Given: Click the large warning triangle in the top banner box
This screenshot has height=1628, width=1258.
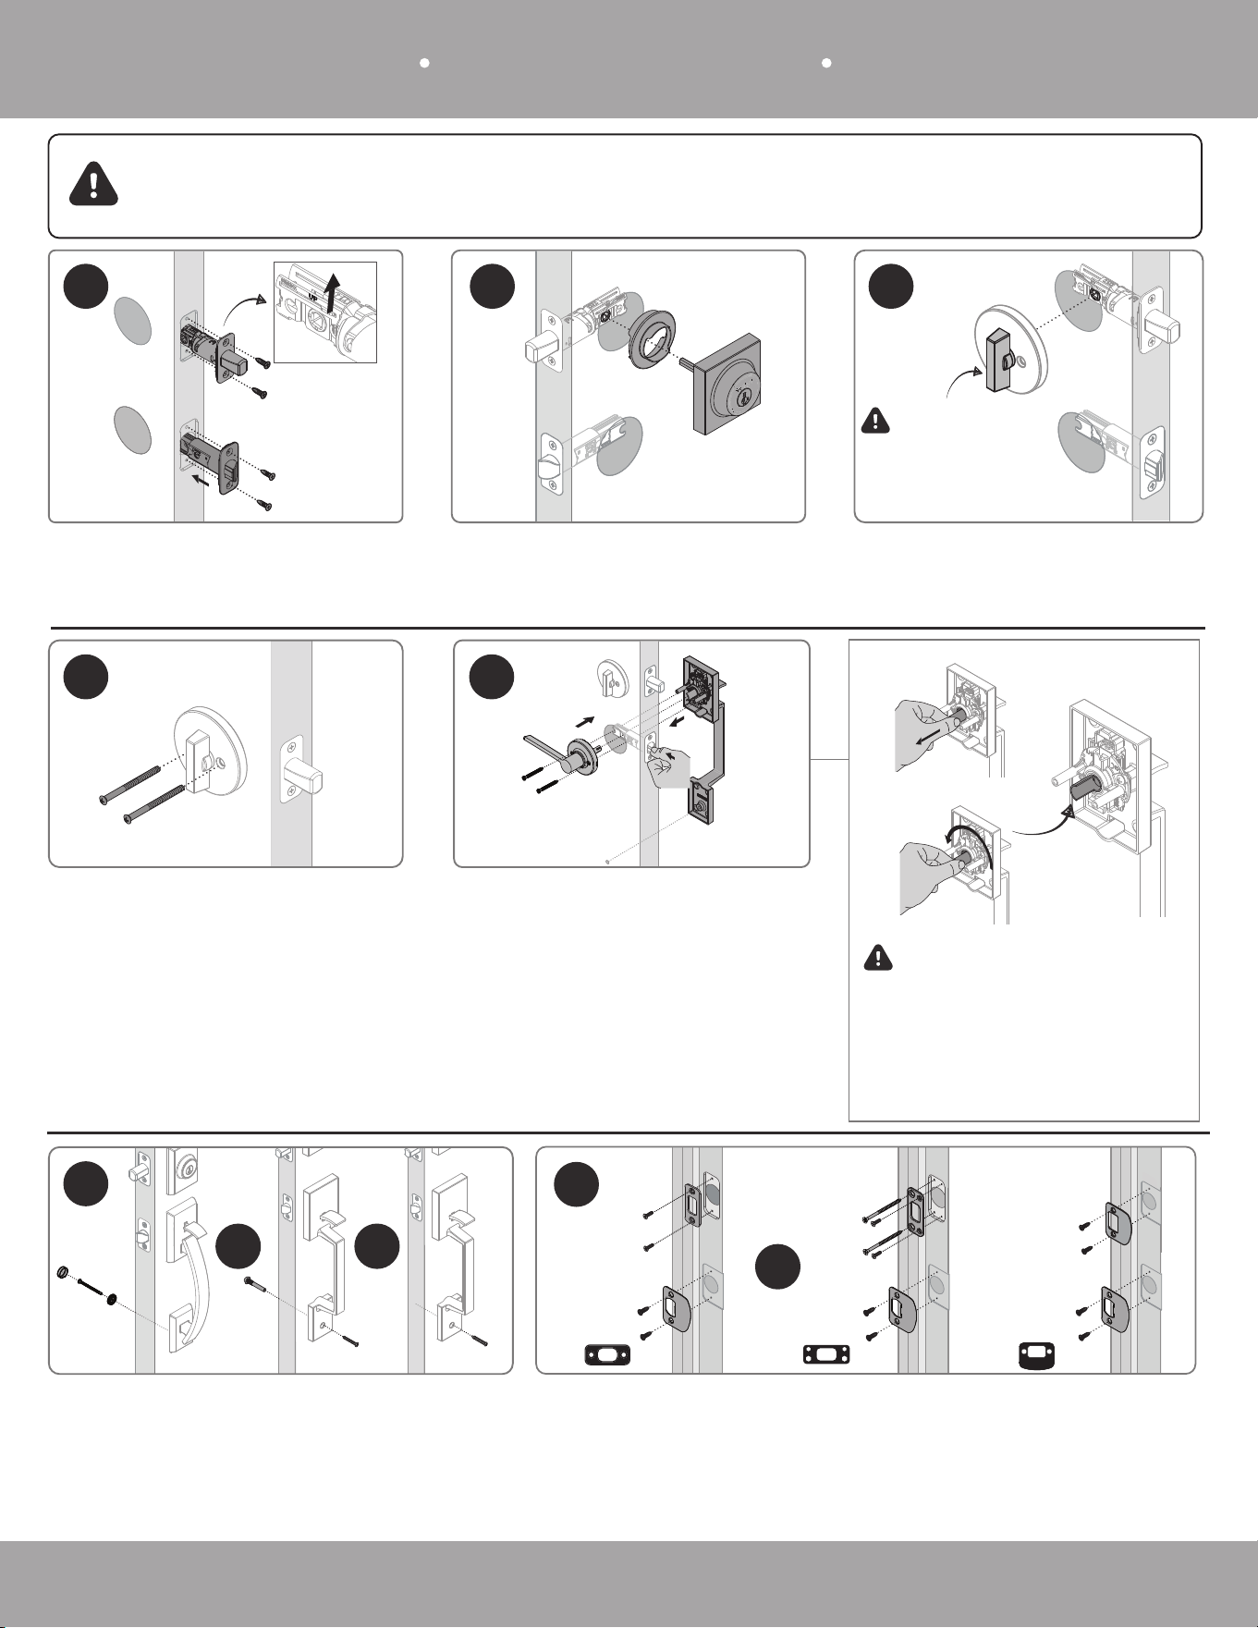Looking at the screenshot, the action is tap(93, 184).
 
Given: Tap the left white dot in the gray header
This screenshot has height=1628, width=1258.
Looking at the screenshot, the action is tap(424, 63).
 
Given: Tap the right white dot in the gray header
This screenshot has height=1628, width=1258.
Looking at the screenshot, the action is tap(827, 63).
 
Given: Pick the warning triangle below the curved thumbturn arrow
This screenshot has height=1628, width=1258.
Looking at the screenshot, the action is tap(873, 422).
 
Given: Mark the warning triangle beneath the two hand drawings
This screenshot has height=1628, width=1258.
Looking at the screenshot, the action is tap(877, 958).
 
